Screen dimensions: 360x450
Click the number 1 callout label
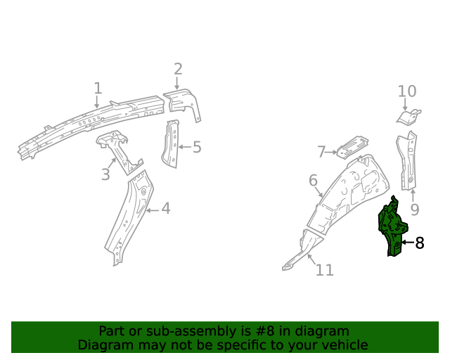point(98,89)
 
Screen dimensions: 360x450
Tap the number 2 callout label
point(178,69)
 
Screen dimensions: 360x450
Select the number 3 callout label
point(105,174)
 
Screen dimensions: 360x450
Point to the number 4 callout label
point(165,208)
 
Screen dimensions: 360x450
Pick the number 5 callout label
point(197,147)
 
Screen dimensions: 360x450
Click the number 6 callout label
point(313,181)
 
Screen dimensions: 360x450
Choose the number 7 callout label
point(321,152)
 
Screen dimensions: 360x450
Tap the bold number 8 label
point(420,243)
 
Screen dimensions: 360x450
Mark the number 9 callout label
point(415,209)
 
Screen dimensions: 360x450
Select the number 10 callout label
point(407,91)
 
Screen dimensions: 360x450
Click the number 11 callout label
point(324,270)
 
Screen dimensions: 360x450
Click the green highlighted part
point(391,226)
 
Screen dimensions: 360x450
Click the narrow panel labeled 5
point(171,144)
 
